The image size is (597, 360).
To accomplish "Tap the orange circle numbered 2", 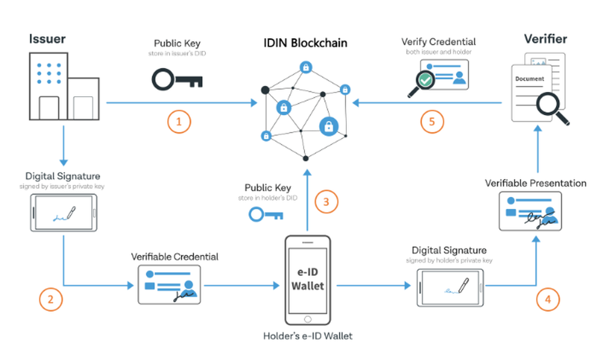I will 51,300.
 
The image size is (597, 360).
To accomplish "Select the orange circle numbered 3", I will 326,202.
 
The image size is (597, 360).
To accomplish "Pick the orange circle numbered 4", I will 547,299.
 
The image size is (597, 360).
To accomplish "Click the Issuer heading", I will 47,39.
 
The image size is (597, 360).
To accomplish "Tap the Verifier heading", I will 545,39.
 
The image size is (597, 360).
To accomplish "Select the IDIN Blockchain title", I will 305,43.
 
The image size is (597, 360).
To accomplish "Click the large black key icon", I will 177,78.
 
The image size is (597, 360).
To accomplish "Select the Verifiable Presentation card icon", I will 530,213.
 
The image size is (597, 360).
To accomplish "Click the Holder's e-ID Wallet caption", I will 307,336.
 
